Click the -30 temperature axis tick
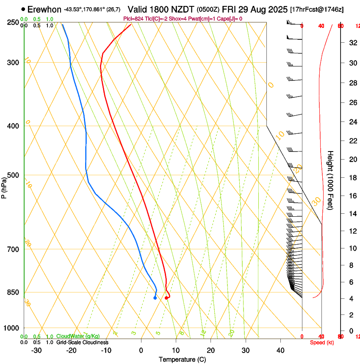36,350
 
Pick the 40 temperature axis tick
280,350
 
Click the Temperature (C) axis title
182,359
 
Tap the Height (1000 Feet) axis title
330,180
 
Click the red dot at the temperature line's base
166,298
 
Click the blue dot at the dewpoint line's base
155,298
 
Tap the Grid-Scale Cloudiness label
82,342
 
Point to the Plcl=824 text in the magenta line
133,19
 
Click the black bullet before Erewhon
23,9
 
